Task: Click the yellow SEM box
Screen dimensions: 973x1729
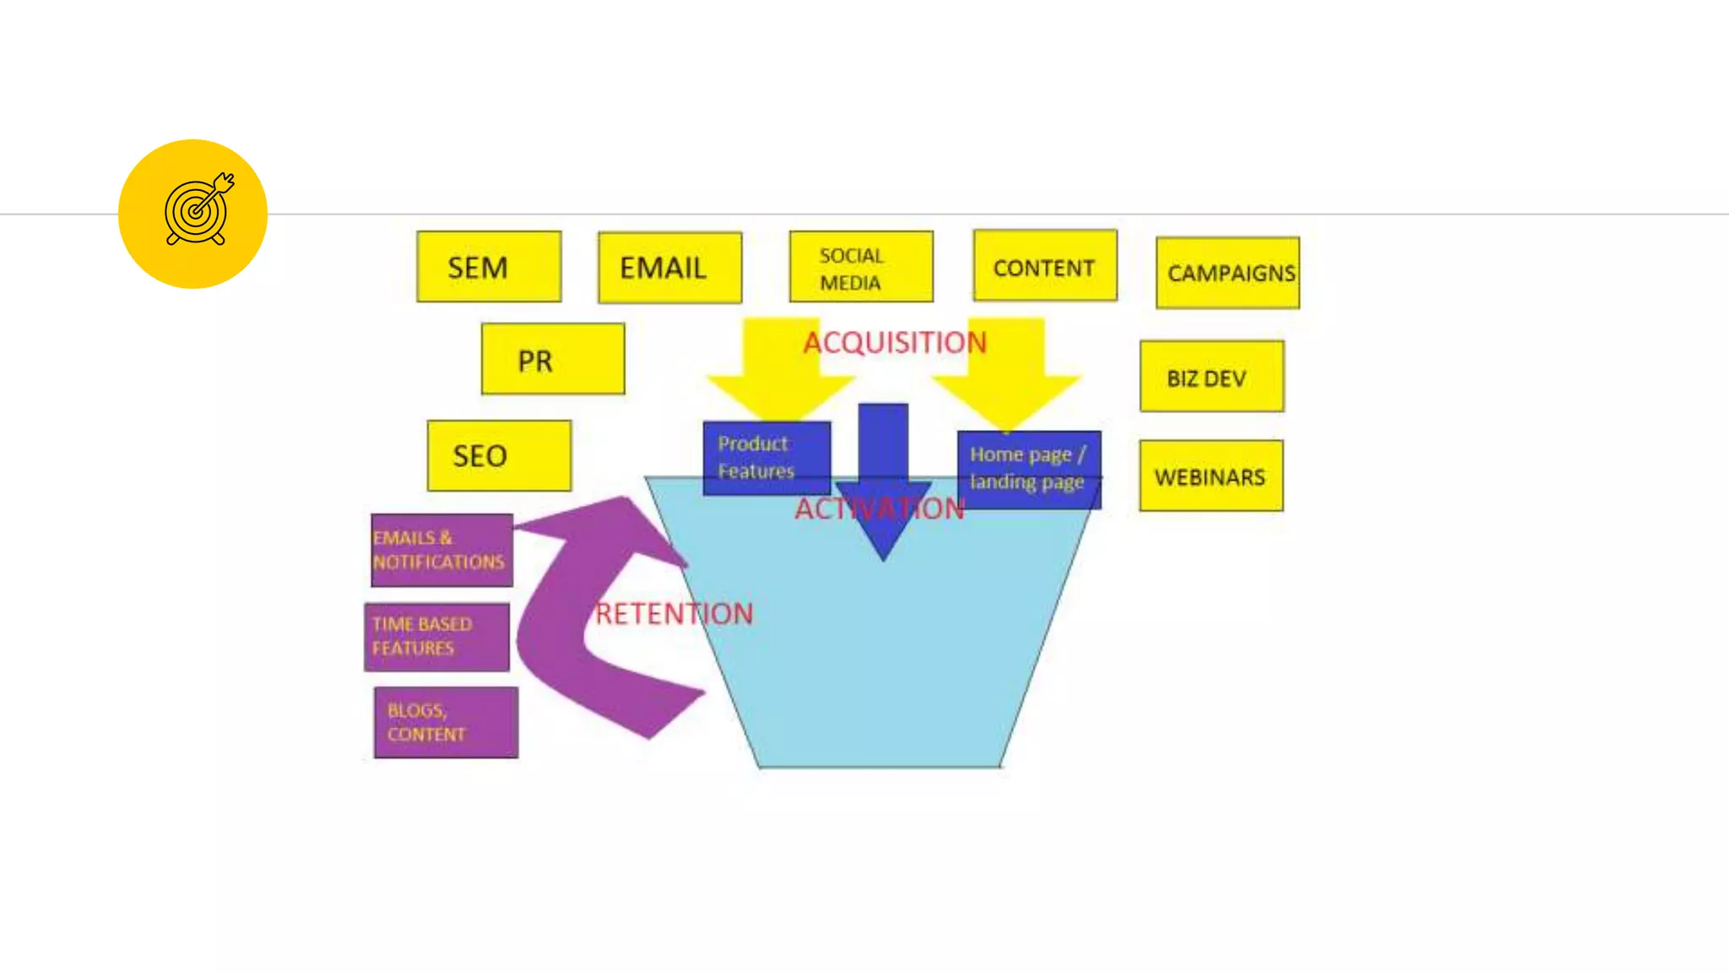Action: pos(489,267)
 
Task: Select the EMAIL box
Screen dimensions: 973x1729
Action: pos(669,268)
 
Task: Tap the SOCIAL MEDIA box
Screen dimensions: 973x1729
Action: pos(861,267)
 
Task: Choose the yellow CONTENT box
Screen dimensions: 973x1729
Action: pos(1044,266)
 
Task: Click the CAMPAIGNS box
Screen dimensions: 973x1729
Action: pos(1228,273)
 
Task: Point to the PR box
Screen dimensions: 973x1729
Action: pos(553,359)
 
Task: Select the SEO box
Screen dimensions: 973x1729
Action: pos(499,456)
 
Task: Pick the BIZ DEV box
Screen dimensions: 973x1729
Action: pos(1211,377)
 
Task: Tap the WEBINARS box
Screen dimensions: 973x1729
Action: pos(1211,476)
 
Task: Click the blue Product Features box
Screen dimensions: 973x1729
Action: pos(766,458)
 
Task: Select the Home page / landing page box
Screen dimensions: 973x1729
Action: pos(1028,470)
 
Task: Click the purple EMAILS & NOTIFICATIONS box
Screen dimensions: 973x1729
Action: pos(442,550)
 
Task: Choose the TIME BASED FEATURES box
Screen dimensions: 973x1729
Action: pos(436,637)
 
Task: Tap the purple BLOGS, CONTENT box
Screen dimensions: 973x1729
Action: pos(446,722)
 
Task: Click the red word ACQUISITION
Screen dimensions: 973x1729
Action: pos(894,342)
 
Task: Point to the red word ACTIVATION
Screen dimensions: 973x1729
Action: pos(879,508)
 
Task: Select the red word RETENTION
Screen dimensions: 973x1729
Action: pos(674,613)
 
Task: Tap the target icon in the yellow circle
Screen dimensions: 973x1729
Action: pos(198,209)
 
